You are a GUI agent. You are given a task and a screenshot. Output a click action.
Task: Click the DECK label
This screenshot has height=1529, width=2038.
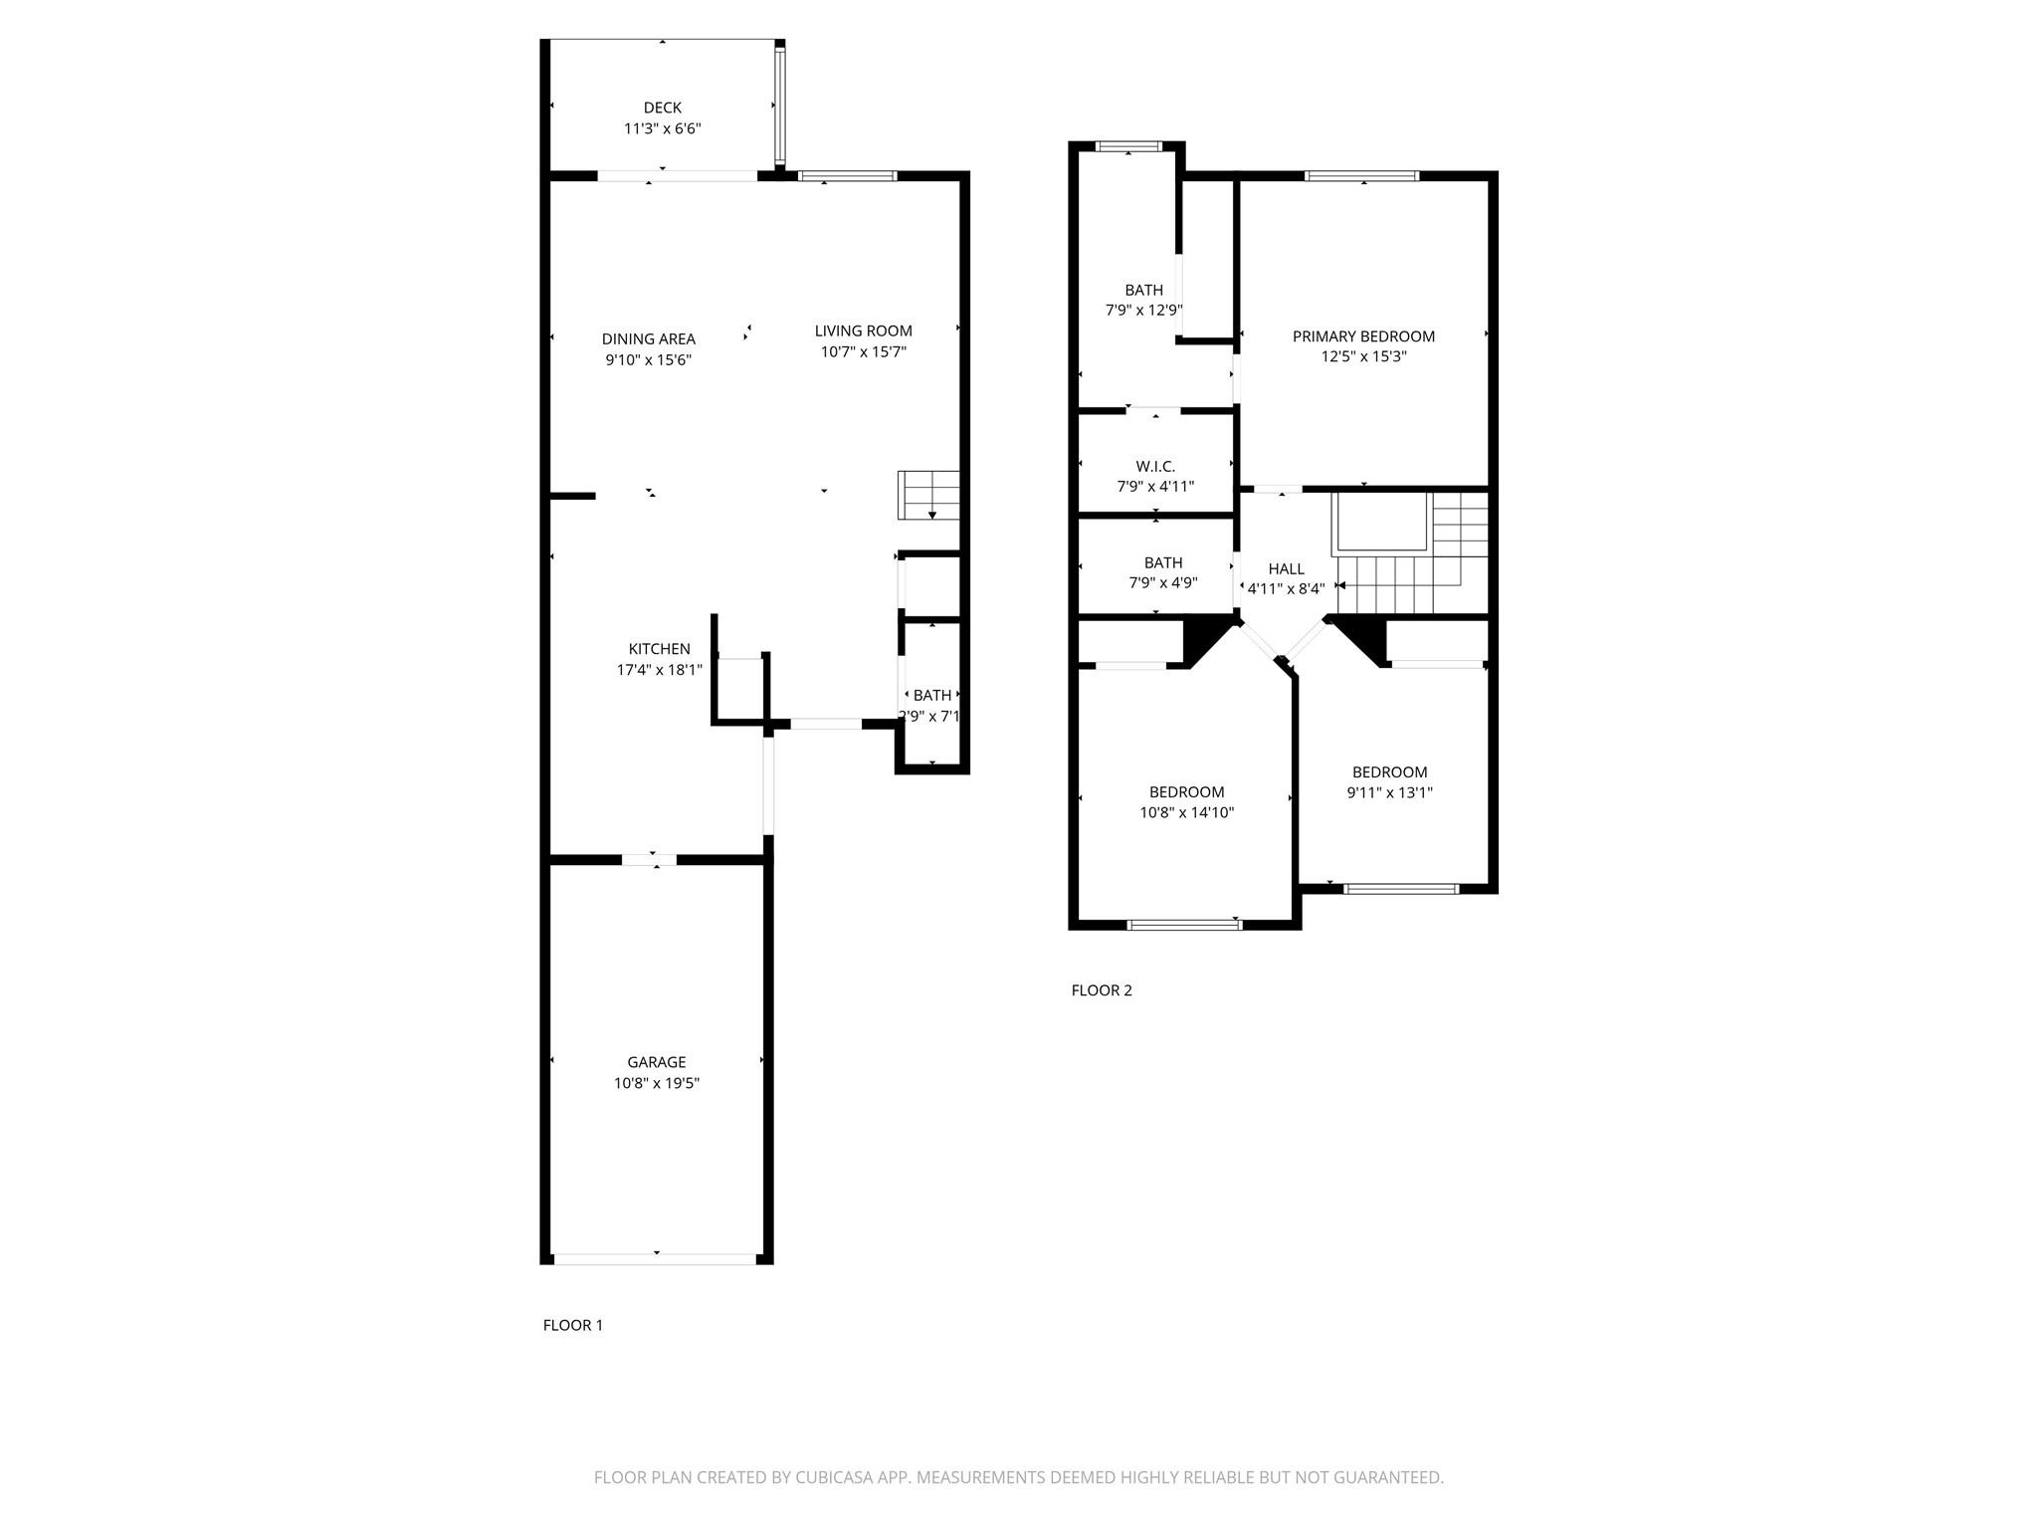(x=662, y=108)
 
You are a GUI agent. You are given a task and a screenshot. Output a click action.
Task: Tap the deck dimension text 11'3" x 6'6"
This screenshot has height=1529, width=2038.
(x=662, y=128)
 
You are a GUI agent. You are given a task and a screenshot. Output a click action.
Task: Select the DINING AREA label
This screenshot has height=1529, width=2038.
(x=648, y=339)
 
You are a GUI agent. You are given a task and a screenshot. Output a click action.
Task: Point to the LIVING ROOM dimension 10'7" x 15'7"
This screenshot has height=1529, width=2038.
(x=863, y=351)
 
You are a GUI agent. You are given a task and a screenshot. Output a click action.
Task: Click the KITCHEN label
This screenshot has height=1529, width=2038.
(x=659, y=649)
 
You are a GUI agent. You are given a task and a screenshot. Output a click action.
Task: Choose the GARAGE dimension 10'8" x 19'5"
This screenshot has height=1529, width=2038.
(x=656, y=1083)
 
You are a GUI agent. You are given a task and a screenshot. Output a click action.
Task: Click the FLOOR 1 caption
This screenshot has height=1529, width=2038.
(x=572, y=1325)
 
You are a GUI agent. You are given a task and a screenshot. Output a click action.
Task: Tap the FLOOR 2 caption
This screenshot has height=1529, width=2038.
(x=1101, y=990)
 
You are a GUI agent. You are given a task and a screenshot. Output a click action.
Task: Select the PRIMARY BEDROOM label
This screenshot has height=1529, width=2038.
(x=1363, y=336)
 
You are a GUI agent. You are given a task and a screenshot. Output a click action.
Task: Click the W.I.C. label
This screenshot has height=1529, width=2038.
(x=1155, y=466)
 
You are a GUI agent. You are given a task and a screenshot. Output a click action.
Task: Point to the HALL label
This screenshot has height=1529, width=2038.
(x=1286, y=568)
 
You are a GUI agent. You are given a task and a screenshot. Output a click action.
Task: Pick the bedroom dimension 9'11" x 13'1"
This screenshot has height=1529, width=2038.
(x=1389, y=792)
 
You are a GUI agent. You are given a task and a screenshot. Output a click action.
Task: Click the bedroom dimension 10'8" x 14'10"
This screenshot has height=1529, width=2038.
(x=1186, y=812)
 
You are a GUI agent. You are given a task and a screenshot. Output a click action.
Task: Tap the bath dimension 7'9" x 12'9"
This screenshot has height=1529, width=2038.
(x=1143, y=310)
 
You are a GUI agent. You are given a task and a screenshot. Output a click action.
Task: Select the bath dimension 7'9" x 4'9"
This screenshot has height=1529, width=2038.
(x=1162, y=582)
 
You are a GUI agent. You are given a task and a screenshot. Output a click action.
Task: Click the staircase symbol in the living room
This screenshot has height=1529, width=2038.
(x=929, y=495)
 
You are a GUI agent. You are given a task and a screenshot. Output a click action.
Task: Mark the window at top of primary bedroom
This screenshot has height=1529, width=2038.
(x=1361, y=176)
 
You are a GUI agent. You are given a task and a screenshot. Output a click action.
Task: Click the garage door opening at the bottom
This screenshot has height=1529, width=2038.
(x=656, y=1258)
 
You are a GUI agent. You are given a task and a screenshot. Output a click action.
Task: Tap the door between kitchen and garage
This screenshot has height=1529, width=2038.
(x=649, y=859)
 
